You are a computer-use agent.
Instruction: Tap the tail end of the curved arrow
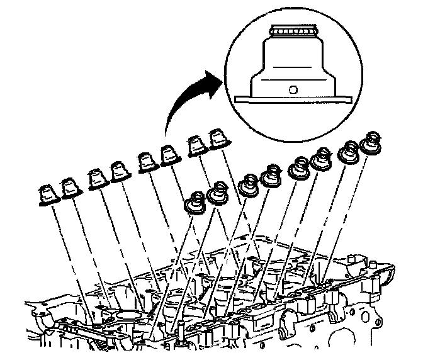(165, 133)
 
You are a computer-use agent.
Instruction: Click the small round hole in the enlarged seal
(292, 89)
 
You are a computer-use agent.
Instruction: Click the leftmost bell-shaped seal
(47, 194)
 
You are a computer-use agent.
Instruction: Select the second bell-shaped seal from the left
(69, 189)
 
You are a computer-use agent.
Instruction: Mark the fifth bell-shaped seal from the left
(146, 164)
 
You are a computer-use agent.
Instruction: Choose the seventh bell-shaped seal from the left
(196, 147)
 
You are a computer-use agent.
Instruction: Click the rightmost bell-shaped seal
(218, 141)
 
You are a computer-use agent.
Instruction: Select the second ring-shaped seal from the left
(218, 194)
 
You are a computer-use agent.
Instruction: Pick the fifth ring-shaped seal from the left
(299, 168)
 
